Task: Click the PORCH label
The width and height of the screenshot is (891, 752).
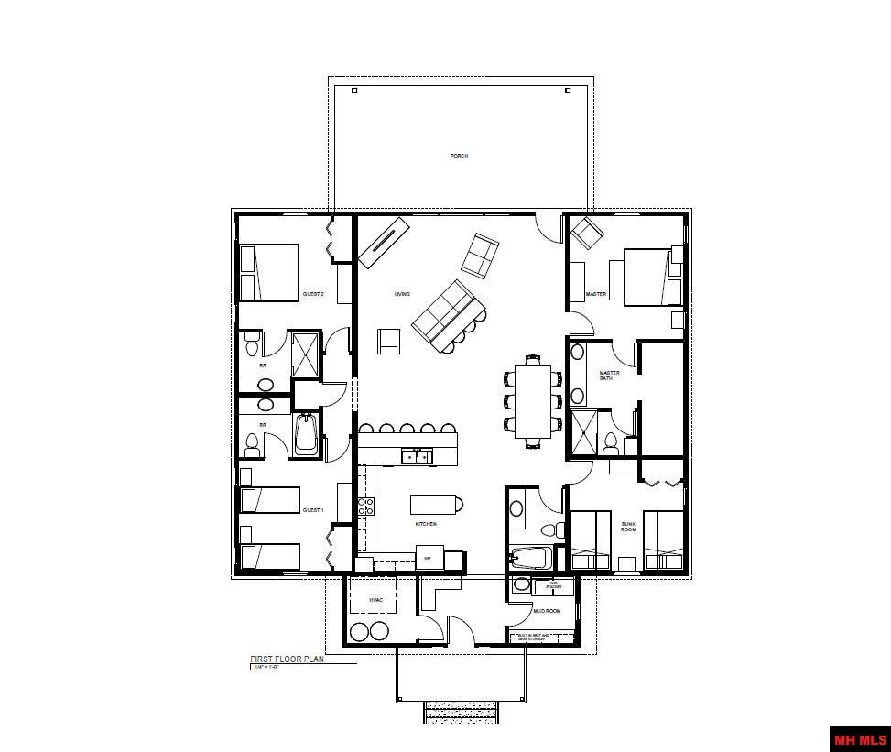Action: point(459,156)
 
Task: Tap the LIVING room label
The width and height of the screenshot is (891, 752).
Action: point(402,294)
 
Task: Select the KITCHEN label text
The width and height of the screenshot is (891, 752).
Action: point(425,524)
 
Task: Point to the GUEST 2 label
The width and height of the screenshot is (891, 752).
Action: point(313,295)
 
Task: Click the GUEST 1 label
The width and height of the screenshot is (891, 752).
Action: point(313,510)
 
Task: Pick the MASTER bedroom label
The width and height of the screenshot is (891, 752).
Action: point(596,294)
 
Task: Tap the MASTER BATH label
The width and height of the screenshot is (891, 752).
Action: point(610,375)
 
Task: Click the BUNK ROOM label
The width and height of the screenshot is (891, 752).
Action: point(628,527)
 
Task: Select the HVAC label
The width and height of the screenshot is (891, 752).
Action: point(375,600)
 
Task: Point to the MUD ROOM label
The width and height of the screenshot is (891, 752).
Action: point(546,610)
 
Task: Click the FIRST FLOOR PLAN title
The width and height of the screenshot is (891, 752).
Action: point(287,659)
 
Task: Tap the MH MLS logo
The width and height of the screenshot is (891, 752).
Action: point(859,738)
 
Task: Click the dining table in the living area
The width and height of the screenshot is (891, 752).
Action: point(533,401)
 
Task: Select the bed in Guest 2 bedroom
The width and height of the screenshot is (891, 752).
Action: point(270,272)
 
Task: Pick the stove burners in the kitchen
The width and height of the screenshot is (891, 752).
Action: point(365,507)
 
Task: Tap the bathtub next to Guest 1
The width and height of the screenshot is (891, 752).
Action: point(306,434)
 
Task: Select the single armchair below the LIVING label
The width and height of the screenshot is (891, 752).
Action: point(389,341)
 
